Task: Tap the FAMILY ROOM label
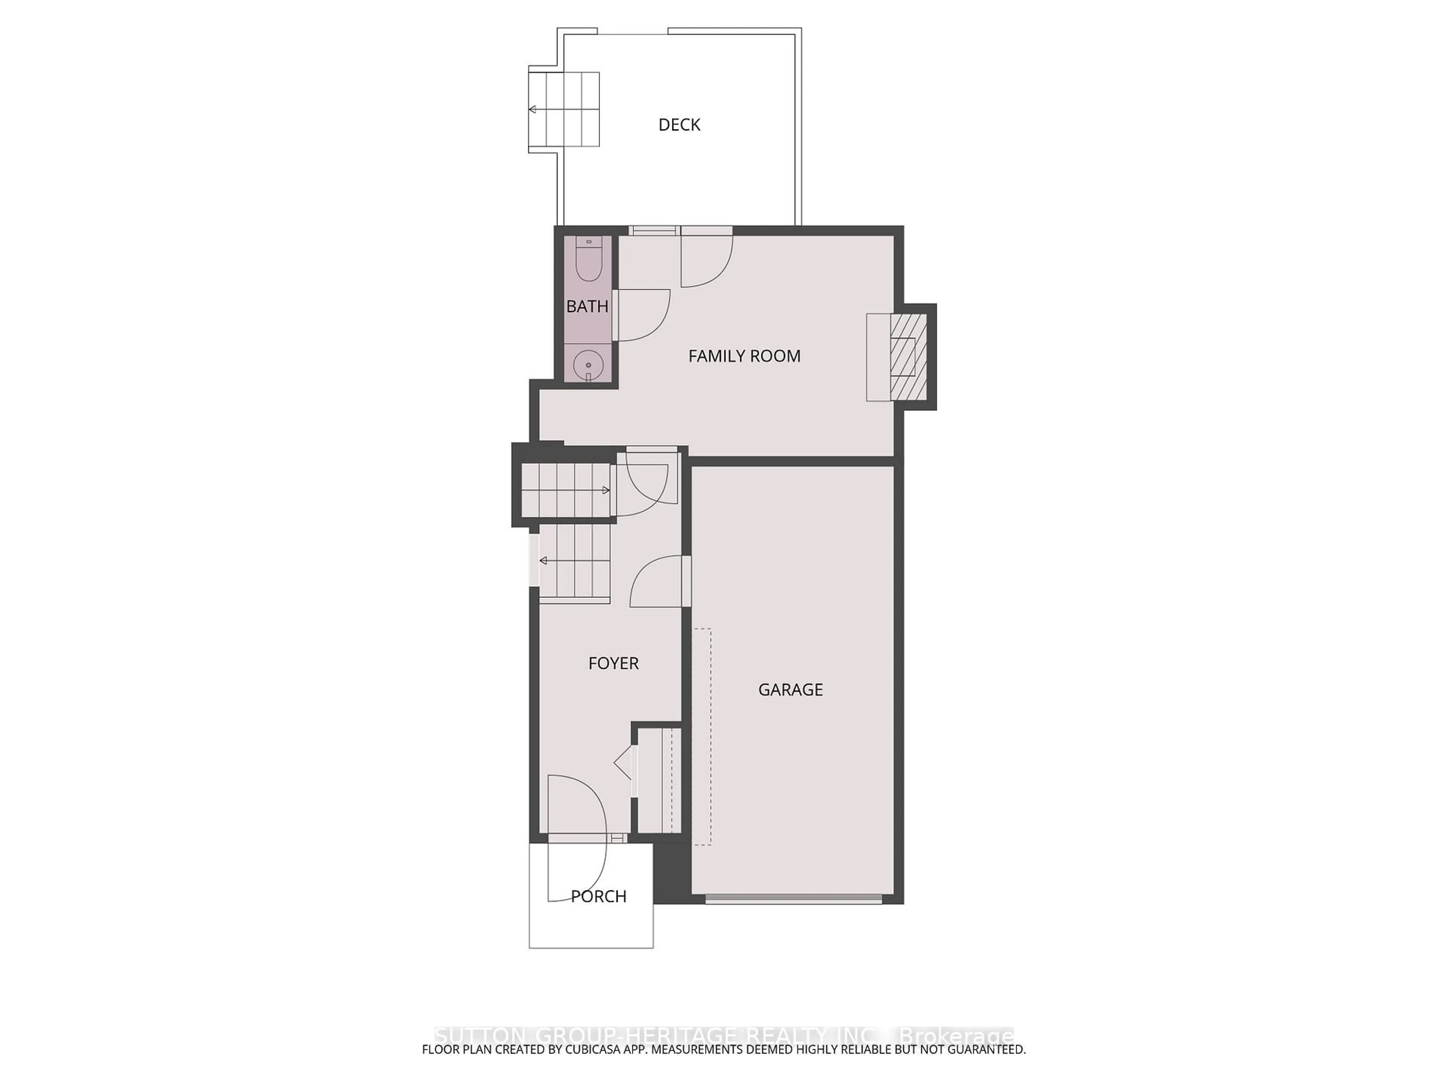point(744,356)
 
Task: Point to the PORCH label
point(598,896)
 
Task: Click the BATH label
point(587,306)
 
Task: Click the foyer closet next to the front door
point(658,780)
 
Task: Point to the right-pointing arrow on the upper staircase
point(606,490)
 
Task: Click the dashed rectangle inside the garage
point(703,736)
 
